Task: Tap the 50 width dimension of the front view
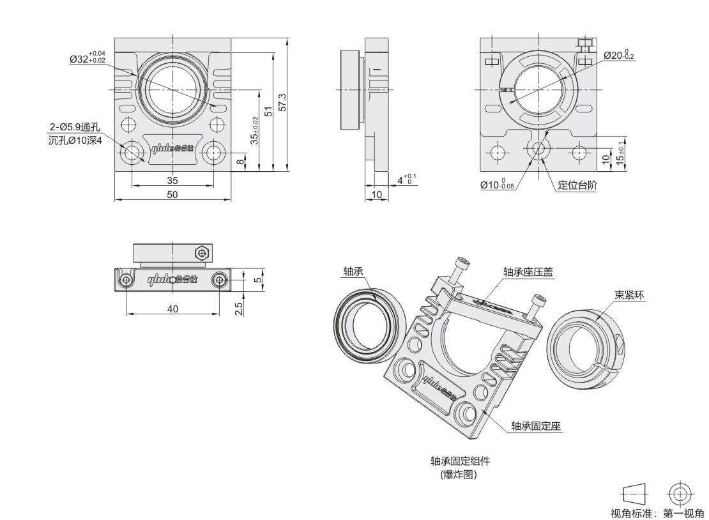(172, 194)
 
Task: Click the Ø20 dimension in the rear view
(618, 56)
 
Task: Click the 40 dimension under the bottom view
(172, 309)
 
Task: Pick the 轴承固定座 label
(536, 425)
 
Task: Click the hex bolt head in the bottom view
(201, 253)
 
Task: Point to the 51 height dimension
(269, 110)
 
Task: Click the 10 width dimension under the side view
(376, 194)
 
